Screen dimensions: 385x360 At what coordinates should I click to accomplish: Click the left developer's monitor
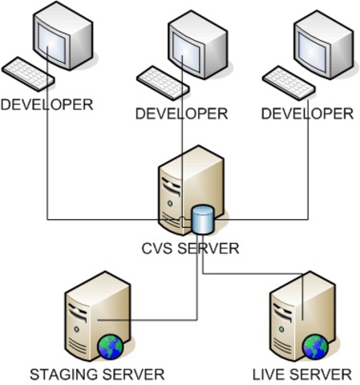click(x=60, y=36)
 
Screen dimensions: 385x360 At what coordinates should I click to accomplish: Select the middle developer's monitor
click(x=196, y=44)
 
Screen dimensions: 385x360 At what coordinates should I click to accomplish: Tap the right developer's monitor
click(x=322, y=44)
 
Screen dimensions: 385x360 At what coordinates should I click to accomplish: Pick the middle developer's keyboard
click(x=164, y=80)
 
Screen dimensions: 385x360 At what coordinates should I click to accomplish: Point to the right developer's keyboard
click(x=289, y=80)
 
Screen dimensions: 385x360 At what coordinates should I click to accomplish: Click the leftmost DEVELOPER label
click(x=47, y=104)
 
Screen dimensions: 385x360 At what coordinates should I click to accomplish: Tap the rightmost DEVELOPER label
click(x=308, y=113)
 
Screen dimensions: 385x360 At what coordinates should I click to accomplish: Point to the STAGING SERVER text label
click(x=97, y=374)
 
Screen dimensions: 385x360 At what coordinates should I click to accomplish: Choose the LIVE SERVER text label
click(x=301, y=374)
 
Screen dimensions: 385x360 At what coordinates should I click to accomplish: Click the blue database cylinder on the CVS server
click(x=203, y=218)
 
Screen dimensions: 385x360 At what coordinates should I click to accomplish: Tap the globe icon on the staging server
click(x=109, y=347)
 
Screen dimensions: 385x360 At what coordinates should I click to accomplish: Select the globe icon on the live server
click(x=314, y=347)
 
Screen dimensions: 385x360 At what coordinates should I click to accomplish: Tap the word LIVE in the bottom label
click(x=269, y=374)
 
